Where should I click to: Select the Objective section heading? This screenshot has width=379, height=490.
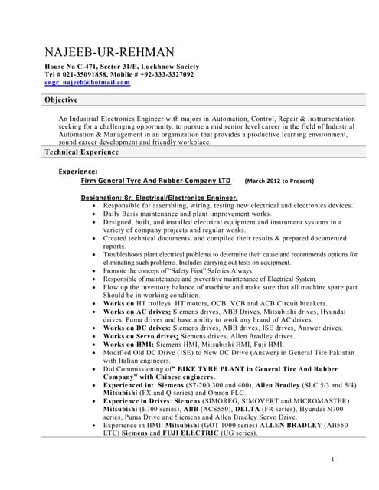click(61, 101)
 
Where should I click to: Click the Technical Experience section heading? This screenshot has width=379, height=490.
click(82, 153)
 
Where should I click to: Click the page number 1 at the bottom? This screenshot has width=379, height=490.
click(334, 459)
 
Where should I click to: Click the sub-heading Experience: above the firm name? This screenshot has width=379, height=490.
click(78, 172)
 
